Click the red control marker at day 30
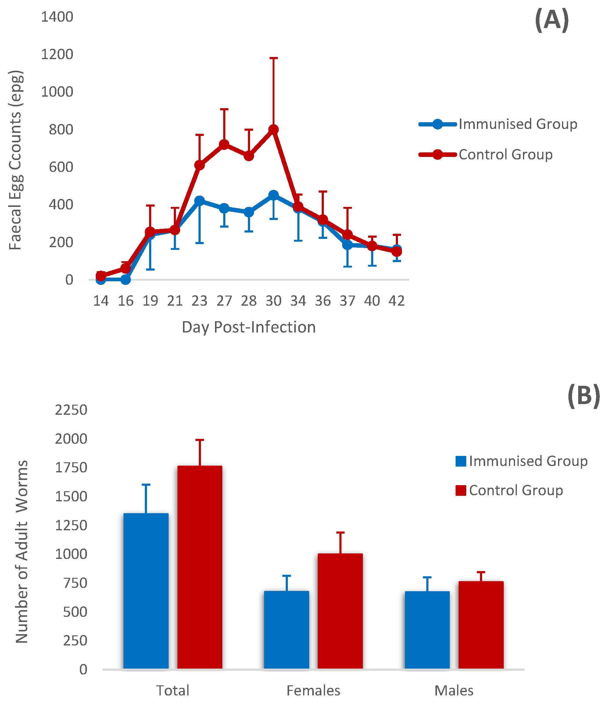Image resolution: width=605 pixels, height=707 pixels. [273, 130]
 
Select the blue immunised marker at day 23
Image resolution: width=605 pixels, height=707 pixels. [199, 200]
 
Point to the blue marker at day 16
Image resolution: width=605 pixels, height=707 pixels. [125, 279]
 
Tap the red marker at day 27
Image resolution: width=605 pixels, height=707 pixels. [224, 145]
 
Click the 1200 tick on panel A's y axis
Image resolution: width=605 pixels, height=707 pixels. [57, 54]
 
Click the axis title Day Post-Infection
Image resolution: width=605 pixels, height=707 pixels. [249, 327]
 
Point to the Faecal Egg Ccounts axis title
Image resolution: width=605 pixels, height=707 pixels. [15, 160]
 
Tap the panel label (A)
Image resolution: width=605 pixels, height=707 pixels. [552, 20]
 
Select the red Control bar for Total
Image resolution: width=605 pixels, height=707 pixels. [200, 567]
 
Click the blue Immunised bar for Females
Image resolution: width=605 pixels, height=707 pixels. [286, 630]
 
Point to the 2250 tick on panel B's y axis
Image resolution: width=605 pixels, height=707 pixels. [71, 410]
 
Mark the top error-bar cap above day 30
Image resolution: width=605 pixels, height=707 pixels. [274, 58]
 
